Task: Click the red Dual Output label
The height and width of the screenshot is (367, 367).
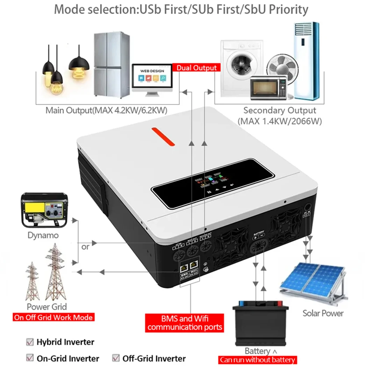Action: click(196, 67)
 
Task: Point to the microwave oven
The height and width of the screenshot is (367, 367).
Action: click(269, 87)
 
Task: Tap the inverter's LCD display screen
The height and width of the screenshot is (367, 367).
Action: click(212, 183)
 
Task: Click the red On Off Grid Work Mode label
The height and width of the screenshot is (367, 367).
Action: click(53, 317)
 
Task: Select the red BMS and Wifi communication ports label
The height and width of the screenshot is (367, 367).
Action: click(185, 323)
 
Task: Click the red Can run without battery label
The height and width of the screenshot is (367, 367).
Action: click(257, 360)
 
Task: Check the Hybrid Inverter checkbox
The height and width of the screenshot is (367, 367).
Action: click(30, 342)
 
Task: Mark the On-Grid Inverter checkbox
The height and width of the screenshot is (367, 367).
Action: click(30, 358)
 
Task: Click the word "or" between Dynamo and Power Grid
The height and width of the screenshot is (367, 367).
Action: click(85, 246)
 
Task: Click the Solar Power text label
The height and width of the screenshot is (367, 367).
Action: click(323, 313)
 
